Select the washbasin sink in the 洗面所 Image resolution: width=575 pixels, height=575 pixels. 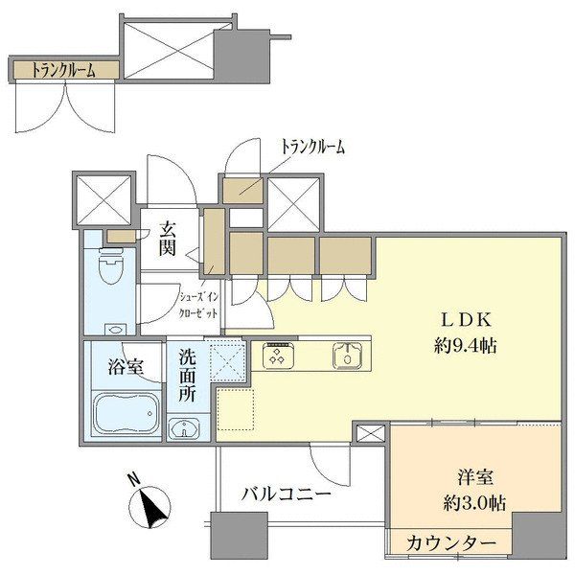click(x=186, y=427)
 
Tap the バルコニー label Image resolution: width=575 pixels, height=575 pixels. click(x=286, y=495)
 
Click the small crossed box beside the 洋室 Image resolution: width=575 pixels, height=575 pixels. click(x=369, y=434)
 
